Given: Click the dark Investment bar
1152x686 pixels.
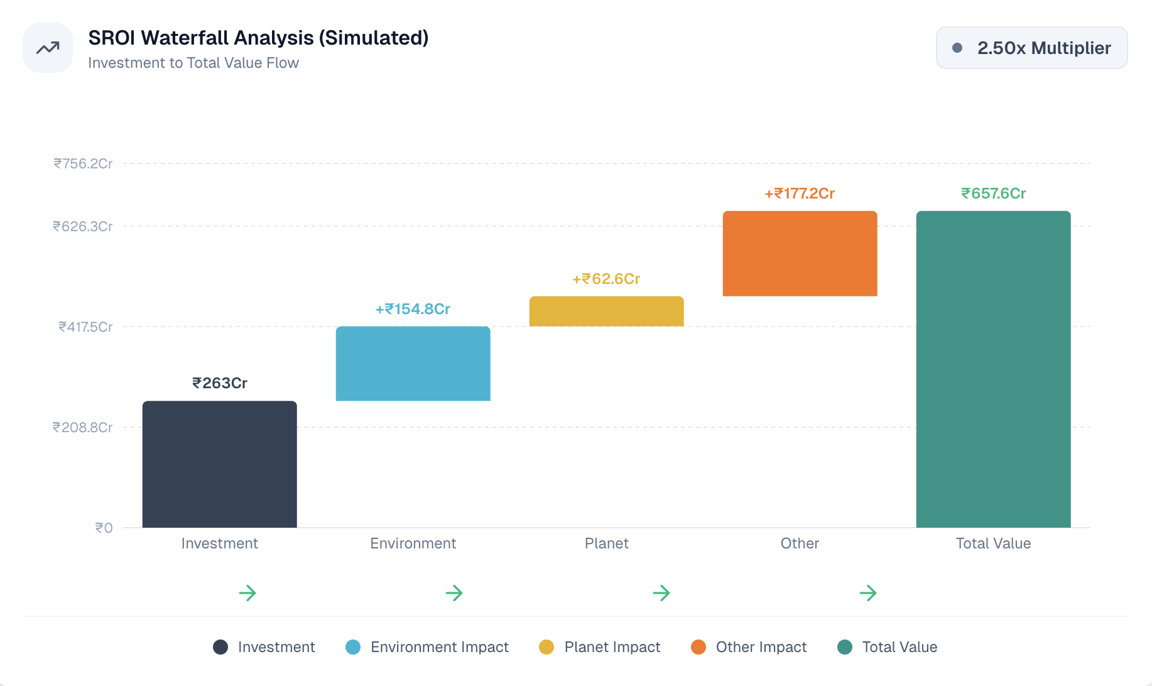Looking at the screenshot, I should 219,464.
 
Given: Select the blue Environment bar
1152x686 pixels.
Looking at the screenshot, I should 413,364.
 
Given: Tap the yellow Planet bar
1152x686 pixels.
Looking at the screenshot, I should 606,312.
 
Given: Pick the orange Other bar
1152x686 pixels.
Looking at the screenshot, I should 800,254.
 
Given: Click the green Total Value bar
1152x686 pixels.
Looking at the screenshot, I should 993,369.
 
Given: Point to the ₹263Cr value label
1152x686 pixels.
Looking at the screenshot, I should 219,383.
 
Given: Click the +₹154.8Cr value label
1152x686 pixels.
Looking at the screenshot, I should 413,309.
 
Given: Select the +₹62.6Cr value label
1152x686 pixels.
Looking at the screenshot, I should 606,279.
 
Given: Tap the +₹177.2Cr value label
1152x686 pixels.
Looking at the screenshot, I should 800,193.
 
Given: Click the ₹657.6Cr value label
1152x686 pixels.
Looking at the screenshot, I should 993,193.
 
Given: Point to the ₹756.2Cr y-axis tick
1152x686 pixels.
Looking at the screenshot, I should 83,164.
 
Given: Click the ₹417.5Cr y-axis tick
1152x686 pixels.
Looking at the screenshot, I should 85,327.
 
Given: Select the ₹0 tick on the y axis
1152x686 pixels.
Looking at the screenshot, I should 104,528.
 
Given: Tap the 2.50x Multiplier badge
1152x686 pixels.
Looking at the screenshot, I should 1031,48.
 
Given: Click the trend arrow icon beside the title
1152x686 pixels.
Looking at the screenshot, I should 48,48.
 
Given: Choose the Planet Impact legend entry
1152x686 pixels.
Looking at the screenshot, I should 600,647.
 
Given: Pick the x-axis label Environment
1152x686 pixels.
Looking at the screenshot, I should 413,543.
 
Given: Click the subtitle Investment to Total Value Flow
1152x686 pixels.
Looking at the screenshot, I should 193,63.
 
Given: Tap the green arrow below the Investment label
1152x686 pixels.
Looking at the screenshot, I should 247,593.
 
